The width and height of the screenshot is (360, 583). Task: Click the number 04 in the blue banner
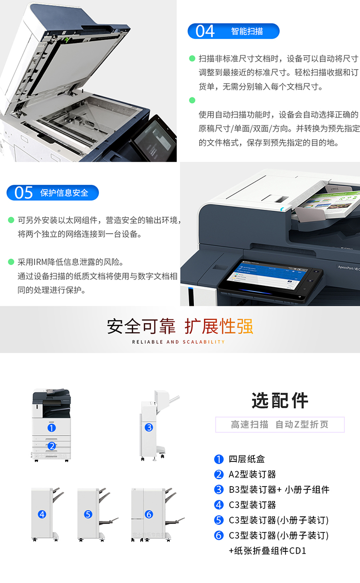click(205, 31)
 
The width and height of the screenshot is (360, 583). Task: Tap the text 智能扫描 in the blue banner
click(247, 31)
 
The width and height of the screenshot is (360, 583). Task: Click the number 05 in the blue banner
click(24, 193)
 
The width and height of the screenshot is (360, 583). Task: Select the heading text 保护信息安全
click(64, 193)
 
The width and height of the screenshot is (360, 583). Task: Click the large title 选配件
click(280, 401)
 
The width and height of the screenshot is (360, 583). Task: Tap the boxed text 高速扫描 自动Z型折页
click(280, 425)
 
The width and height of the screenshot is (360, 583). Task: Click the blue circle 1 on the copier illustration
click(51, 427)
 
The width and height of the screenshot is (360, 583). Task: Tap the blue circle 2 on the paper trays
click(52, 446)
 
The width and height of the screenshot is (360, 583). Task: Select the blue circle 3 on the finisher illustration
click(149, 427)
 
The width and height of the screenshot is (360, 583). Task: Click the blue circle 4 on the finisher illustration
click(42, 514)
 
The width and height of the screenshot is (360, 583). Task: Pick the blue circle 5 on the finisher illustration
click(88, 514)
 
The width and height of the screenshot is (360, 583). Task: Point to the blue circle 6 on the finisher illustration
click(149, 514)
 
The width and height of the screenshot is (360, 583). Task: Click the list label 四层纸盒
click(247, 459)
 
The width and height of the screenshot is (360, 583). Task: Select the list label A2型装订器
click(252, 474)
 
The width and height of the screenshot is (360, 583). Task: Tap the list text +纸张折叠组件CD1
click(267, 551)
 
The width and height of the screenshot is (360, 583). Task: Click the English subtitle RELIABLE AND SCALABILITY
click(179, 342)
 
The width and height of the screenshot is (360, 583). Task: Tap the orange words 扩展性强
click(219, 326)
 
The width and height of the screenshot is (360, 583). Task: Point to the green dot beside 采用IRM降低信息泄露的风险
click(11, 262)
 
